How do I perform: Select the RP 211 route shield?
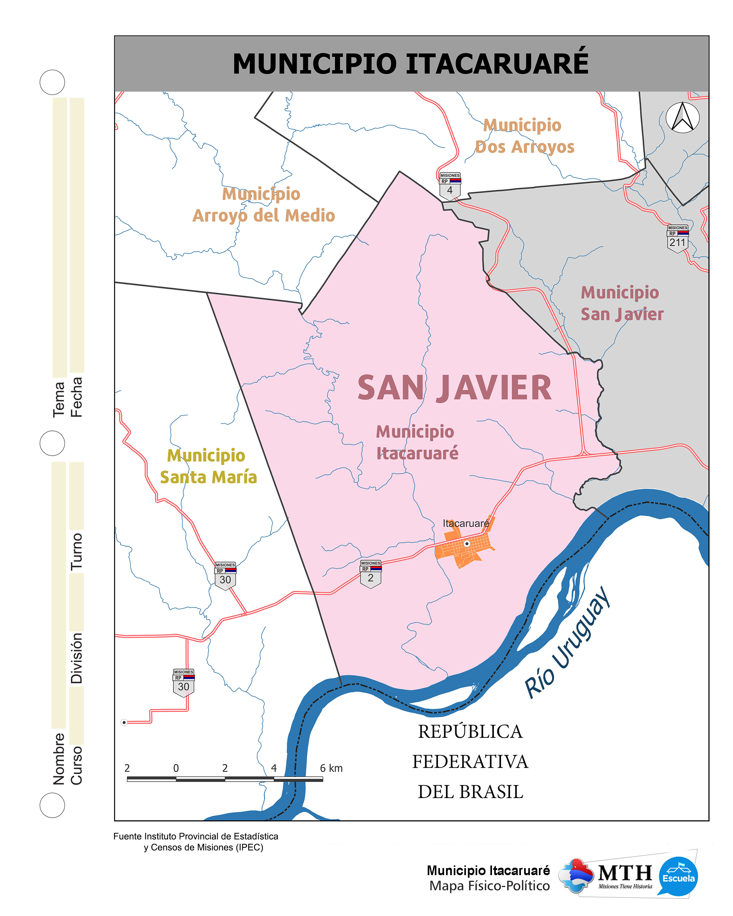[x=677, y=239]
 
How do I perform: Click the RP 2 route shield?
[x=370, y=574]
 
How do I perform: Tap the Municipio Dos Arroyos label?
[x=524, y=136]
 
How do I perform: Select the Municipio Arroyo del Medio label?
[x=263, y=205]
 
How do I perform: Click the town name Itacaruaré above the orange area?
[x=466, y=523]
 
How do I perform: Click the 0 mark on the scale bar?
[x=176, y=768]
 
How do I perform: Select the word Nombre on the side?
[x=58, y=758]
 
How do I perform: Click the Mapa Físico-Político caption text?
[x=489, y=886]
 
